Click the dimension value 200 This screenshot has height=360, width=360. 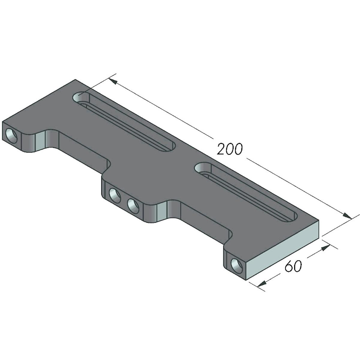pos(229,149)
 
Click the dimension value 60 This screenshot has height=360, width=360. pos(292,266)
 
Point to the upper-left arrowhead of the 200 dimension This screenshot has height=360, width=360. pos(112,81)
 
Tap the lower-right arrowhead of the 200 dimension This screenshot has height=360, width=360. pos(347,216)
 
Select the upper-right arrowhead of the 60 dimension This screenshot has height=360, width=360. pos(325,248)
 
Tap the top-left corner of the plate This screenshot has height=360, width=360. pos(75,80)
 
